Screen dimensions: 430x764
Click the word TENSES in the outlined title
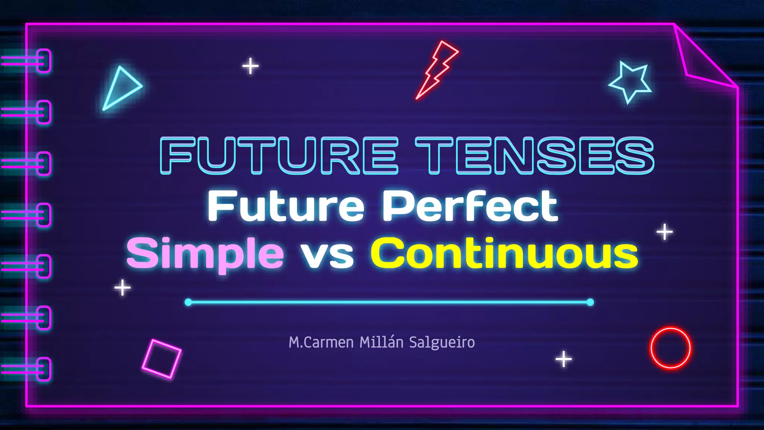click(534, 155)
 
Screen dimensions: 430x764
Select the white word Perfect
click(470, 206)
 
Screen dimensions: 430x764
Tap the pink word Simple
click(205, 254)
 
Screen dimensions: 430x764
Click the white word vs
click(327, 256)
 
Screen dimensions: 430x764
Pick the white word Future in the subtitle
click(286, 206)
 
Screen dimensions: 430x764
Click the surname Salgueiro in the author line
click(442, 342)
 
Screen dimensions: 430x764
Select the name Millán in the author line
click(381, 342)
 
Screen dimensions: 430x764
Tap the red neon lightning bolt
click(436, 70)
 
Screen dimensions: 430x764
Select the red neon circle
click(670, 348)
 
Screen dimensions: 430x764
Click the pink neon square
click(162, 358)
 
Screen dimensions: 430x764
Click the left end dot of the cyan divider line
click(188, 302)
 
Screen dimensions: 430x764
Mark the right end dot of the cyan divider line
click(590, 302)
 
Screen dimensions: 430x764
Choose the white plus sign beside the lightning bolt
click(250, 66)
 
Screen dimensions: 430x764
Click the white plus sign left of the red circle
click(564, 359)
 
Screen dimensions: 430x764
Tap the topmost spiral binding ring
click(44, 61)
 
